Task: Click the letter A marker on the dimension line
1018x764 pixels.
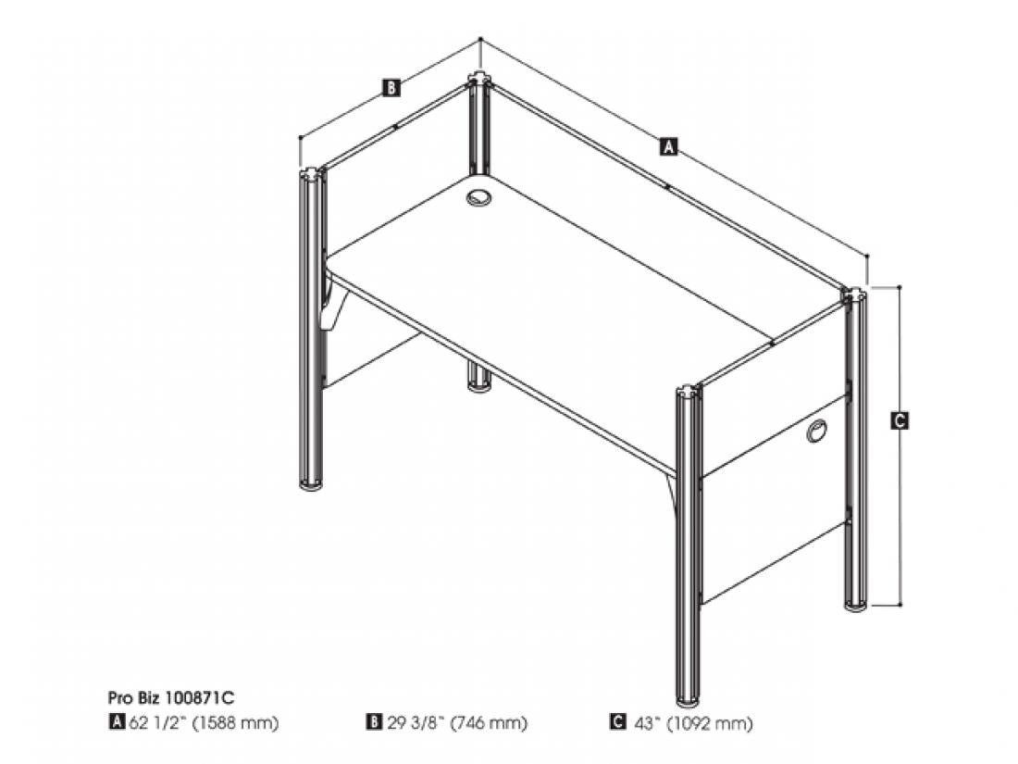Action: [669, 146]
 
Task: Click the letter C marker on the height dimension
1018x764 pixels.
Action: [900, 420]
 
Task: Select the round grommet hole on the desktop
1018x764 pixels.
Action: [479, 197]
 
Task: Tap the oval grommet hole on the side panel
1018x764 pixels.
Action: [817, 432]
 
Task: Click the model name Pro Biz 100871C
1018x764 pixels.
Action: [171, 697]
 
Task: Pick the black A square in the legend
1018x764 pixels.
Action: [117, 721]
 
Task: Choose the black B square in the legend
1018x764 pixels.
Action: [374, 721]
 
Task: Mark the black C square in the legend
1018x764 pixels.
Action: [618, 721]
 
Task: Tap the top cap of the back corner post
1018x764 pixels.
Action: [479, 80]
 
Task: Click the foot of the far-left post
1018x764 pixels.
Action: [312, 483]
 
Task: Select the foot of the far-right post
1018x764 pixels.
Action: [856, 607]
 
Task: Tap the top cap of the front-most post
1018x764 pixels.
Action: [689, 393]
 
